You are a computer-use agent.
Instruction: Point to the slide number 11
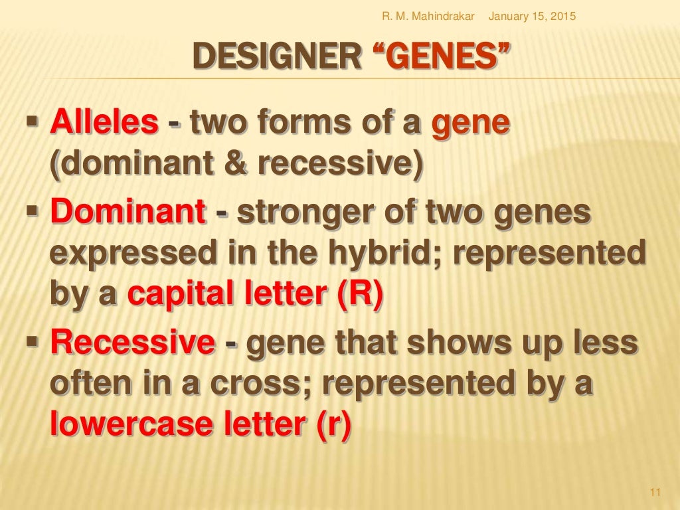655,491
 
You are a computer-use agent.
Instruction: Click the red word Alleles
105,124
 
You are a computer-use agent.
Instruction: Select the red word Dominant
128,213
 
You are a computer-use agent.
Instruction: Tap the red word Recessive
133,343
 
